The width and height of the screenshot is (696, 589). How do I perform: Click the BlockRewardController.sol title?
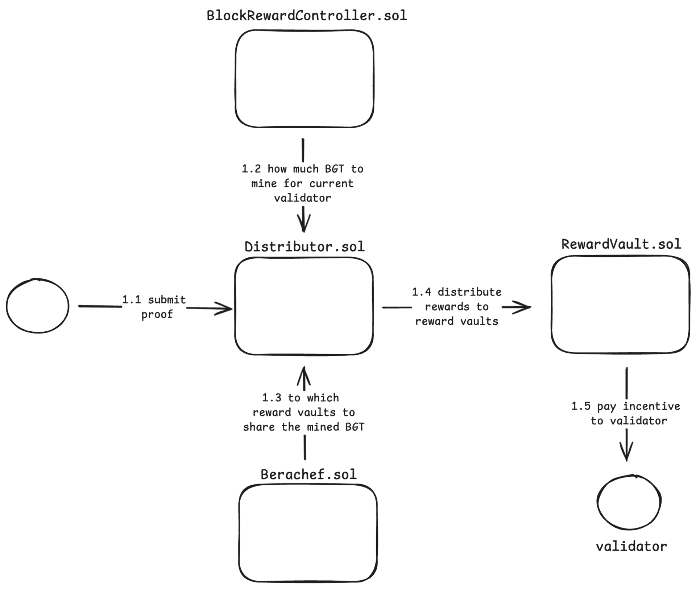(x=307, y=16)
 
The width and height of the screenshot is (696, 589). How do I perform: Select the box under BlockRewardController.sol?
(x=304, y=79)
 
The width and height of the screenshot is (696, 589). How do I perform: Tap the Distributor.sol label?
(x=304, y=246)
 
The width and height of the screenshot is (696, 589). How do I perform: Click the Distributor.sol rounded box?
(x=304, y=306)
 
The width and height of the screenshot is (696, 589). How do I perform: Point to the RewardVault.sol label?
(x=621, y=244)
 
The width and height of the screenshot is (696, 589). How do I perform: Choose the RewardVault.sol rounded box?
(x=620, y=304)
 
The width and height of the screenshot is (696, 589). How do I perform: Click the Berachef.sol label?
(x=308, y=474)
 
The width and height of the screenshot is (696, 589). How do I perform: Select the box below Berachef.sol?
(x=308, y=533)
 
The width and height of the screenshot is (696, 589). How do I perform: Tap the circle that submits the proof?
(x=38, y=306)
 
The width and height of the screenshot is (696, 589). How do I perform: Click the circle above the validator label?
(x=629, y=502)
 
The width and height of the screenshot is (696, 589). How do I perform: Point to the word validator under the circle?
(x=631, y=546)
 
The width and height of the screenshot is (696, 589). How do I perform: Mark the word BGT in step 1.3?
(x=355, y=427)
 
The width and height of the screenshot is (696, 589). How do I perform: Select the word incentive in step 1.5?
(x=651, y=406)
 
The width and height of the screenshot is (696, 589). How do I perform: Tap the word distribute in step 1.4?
(x=469, y=292)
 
